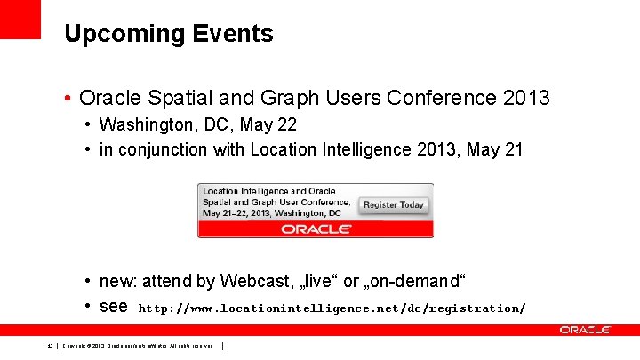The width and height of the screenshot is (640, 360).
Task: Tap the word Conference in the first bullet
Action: pos(440,97)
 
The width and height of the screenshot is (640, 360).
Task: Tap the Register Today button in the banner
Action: pos(394,204)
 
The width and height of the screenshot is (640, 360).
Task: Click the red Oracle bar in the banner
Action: pos(316,228)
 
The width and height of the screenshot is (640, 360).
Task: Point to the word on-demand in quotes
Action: pos(414,282)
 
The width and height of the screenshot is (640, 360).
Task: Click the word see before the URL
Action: pos(114,307)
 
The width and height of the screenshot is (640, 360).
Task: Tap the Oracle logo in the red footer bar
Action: pos(585,330)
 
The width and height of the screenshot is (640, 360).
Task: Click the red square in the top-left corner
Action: pos(20,19)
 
